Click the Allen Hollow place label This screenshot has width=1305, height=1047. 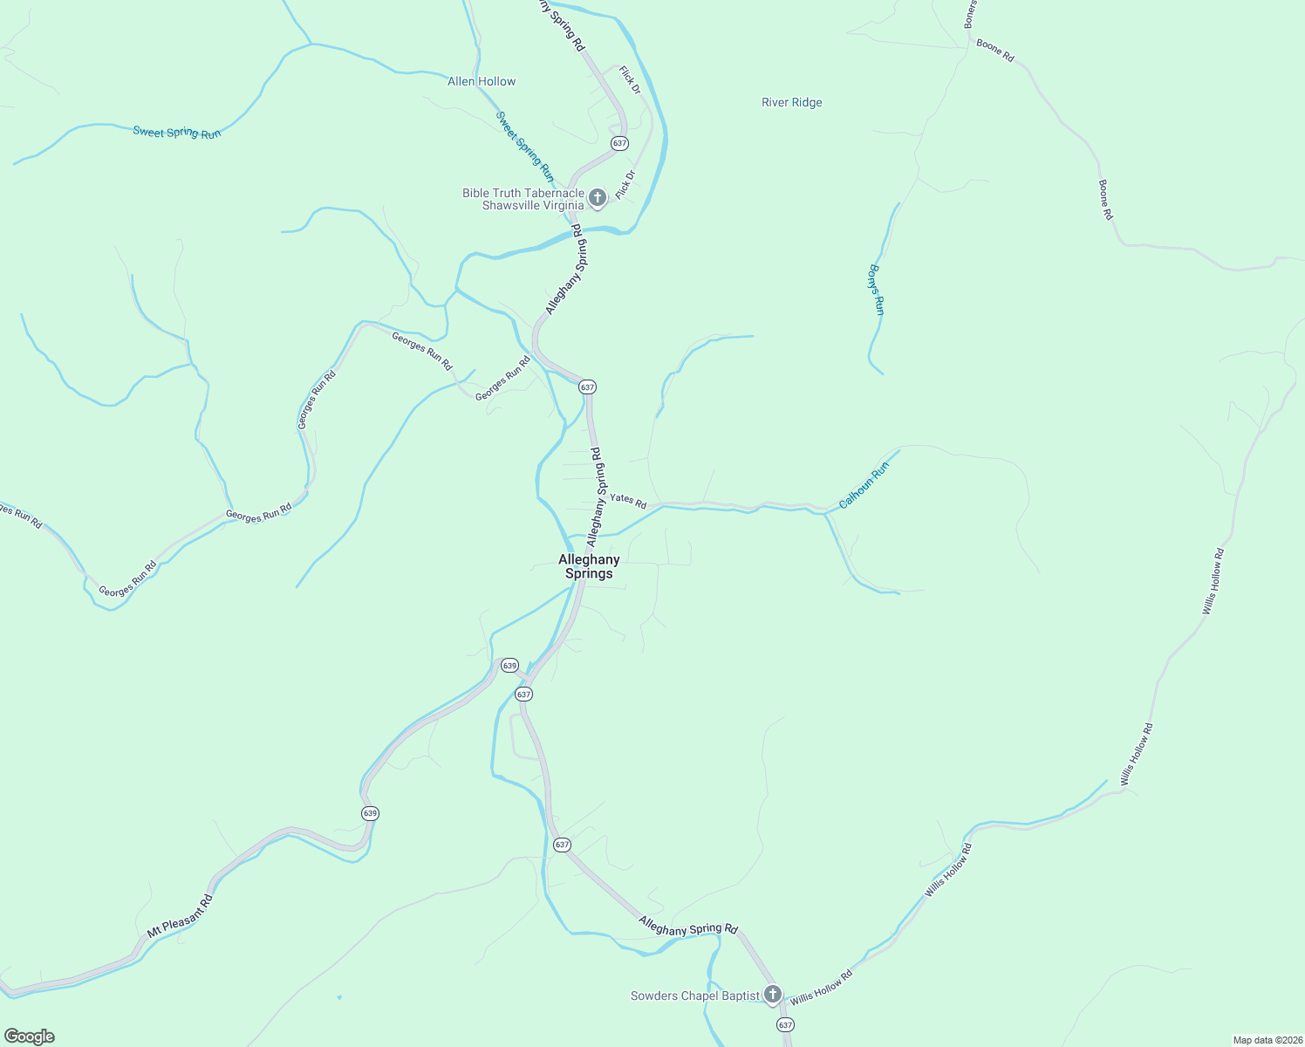482,81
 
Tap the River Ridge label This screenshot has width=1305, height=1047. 791,102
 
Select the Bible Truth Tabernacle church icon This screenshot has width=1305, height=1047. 598,198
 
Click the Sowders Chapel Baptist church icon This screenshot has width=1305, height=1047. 772,995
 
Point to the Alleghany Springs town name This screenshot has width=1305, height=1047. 589,566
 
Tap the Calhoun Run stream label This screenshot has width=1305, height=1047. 864,486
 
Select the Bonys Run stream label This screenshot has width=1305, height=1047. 877,289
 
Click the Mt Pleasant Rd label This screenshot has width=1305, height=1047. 180,916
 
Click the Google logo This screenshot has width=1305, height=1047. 30,1037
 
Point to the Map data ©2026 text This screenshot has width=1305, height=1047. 1267,1040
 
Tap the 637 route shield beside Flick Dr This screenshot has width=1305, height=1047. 619,143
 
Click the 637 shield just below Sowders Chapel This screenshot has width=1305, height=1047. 785,1025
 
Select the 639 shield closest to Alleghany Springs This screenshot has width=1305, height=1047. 510,665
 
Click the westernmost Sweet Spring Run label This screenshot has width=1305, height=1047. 177,133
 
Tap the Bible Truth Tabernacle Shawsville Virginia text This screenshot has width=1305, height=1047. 523,199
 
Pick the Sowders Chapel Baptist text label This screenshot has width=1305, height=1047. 695,996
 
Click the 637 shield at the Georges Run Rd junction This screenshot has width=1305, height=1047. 587,387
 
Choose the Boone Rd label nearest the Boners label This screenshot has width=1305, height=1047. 995,50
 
